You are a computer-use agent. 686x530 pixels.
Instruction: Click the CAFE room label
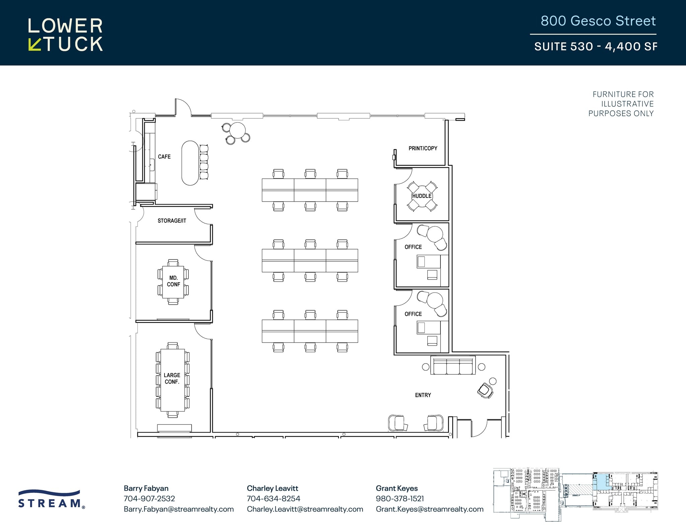click(164, 157)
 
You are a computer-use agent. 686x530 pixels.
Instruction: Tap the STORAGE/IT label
click(172, 221)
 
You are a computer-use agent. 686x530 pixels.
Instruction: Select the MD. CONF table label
click(174, 281)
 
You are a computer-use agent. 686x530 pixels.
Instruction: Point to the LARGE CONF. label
click(172, 378)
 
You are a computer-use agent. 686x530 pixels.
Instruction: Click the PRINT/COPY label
click(423, 148)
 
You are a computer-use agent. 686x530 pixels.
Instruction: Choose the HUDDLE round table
click(422, 196)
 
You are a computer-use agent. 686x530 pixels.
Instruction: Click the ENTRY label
click(423, 395)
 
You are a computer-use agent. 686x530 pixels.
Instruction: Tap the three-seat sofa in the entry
click(453, 366)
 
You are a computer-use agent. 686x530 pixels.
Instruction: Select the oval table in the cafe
click(190, 163)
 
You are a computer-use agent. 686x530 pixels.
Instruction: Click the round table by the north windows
click(238, 130)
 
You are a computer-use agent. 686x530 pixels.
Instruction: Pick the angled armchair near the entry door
click(485, 390)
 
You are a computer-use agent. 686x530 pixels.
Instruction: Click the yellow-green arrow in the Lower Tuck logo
click(34, 45)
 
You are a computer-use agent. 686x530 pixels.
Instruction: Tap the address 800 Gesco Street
click(598, 21)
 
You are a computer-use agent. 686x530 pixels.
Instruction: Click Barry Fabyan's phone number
click(149, 499)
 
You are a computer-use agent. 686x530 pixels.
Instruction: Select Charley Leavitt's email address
click(305, 509)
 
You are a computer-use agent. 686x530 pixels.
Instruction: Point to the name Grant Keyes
click(397, 488)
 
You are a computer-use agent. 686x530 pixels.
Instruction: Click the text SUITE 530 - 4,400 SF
click(595, 47)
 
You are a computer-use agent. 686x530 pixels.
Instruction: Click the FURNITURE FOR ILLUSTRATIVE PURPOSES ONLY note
click(621, 104)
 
